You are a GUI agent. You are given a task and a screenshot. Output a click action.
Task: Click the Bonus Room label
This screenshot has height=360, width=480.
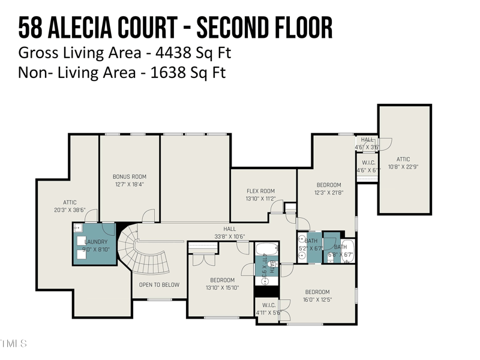pyautogui.click(x=129, y=177)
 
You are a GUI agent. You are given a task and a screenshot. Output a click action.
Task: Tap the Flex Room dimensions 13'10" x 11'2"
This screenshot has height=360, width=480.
pyautogui.click(x=260, y=199)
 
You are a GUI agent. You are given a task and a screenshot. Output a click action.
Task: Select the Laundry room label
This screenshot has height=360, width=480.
pyautogui.click(x=95, y=242)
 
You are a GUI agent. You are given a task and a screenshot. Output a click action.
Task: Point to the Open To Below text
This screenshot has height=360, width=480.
pyautogui.click(x=159, y=284)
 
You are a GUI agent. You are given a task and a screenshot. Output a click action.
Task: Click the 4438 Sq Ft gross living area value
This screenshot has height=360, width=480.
pyautogui.click(x=193, y=53)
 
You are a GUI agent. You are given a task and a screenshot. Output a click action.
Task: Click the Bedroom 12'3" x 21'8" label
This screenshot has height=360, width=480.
pyautogui.click(x=329, y=185)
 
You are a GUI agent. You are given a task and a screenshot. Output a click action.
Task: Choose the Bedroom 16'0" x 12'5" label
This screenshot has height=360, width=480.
pyautogui.click(x=317, y=292)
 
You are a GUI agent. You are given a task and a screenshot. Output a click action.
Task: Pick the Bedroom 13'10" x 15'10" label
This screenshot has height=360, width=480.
pyautogui.click(x=222, y=280)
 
